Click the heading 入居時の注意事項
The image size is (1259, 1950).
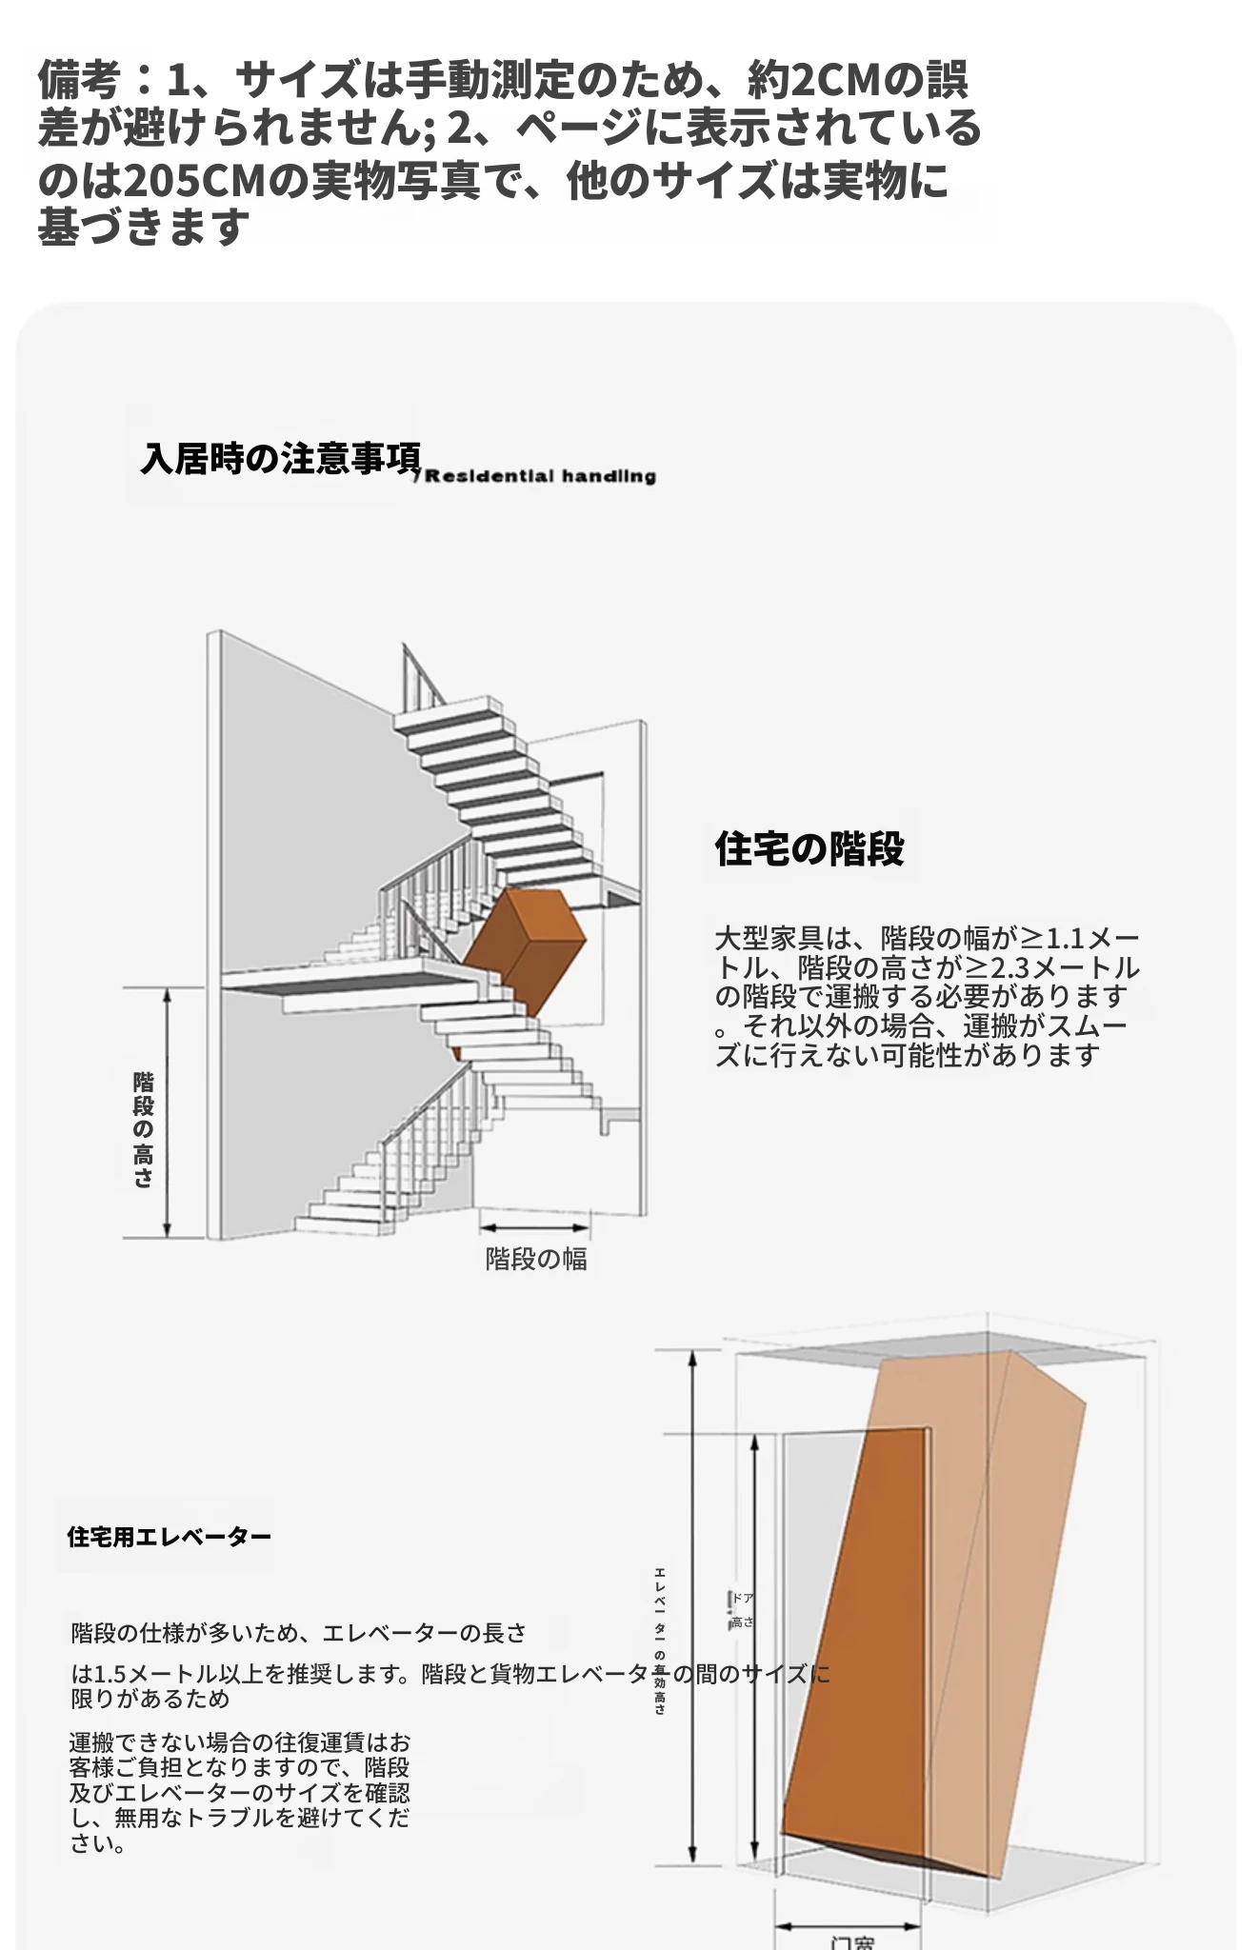click(x=281, y=458)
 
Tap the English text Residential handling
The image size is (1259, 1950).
click(x=540, y=476)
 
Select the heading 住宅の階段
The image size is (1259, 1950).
click(x=809, y=848)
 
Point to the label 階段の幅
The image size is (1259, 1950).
click(x=536, y=1259)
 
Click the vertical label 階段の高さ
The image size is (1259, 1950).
click(x=143, y=1129)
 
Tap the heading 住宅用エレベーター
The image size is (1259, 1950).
click(x=169, y=1537)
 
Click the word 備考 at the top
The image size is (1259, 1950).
click(x=79, y=80)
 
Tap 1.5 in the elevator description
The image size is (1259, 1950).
click(x=110, y=1674)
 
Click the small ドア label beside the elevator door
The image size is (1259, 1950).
click(x=743, y=1598)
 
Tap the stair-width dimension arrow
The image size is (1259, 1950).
click(x=534, y=1229)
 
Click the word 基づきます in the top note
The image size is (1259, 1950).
click(x=144, y=228)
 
